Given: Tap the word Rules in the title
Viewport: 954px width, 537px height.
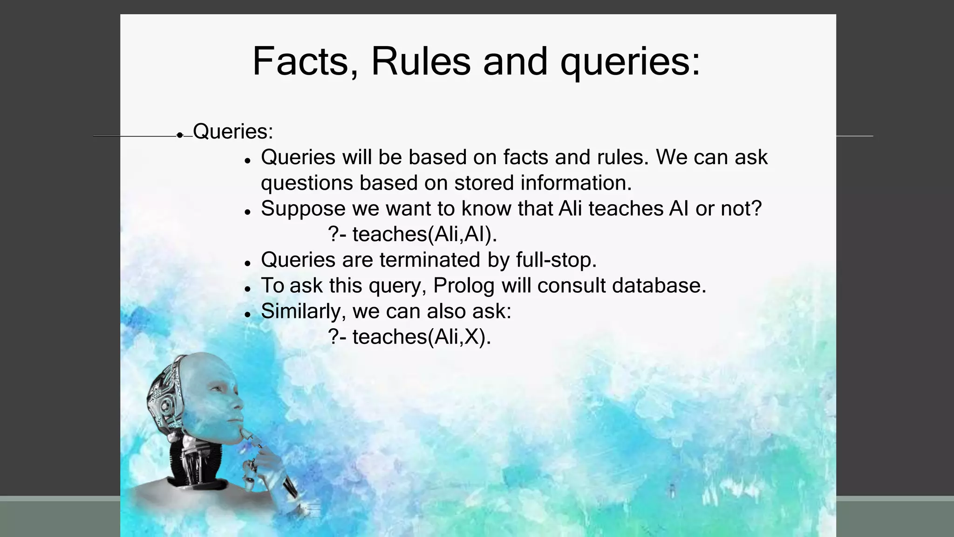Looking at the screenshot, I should (x=420, y=62).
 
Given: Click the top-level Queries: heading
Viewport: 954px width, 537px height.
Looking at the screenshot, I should (x=233, y=131).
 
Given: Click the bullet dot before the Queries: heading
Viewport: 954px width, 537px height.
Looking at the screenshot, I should (x=180, y=135).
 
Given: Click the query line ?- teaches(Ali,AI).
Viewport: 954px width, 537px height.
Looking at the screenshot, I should (x=412, y=234).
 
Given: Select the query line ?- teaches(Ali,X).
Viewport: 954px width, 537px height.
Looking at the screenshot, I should (x=409, y=337).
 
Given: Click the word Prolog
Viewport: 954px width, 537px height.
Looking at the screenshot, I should (x=463, y=286).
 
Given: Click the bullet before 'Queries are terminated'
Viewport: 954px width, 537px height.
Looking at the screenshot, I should (x=248, y=263).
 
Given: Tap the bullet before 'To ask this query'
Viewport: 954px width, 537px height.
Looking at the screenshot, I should (x=248, y=289).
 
